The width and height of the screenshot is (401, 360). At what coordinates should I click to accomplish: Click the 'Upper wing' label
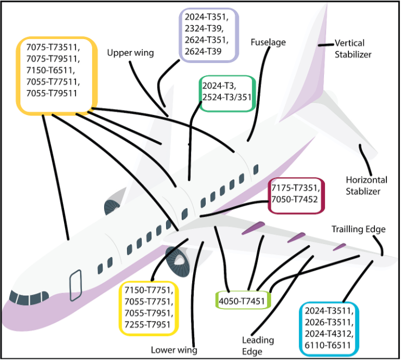(x=130, y=53)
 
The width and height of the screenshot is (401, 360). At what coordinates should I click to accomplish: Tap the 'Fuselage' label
(x=269, y=42)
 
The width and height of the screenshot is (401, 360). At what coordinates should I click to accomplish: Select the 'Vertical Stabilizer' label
(x=357, y=48)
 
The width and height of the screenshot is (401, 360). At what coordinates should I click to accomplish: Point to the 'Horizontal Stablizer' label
(x=367, y=185)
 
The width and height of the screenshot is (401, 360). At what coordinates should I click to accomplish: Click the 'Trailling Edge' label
(x=358, y=229)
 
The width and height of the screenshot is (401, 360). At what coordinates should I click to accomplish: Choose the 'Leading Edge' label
(x=258, y=346)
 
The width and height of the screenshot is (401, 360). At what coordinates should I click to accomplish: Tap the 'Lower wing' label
(x=174, y=350)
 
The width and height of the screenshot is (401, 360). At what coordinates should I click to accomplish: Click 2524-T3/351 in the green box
(x=226, y=96)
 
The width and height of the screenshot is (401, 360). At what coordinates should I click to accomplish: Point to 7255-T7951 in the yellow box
(x=148, y=325)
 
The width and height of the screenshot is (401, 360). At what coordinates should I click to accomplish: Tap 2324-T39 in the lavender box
(x=207, y=28)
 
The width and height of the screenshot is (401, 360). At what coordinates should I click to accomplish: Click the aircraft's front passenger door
(x=75, y=284)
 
